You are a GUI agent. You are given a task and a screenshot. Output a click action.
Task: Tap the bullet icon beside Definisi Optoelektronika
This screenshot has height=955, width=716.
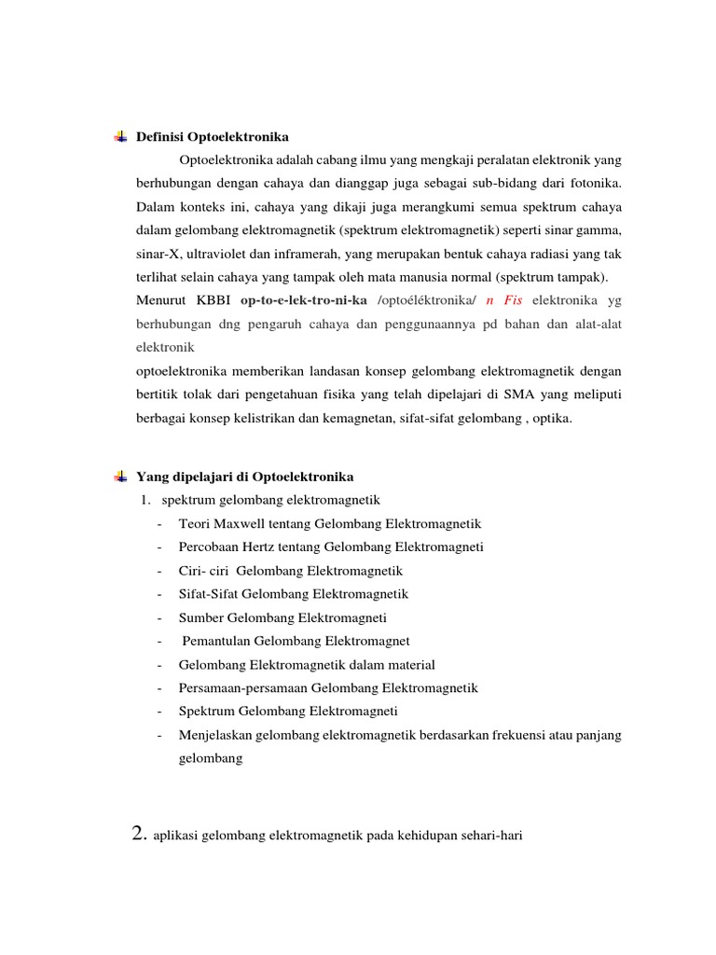(120, 137)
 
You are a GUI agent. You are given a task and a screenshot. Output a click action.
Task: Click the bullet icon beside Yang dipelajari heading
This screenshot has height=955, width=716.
(120, 477)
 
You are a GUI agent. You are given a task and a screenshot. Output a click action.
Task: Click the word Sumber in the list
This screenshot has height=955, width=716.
(200, 617)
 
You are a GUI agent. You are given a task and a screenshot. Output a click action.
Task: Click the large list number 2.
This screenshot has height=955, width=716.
(142, 836)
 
